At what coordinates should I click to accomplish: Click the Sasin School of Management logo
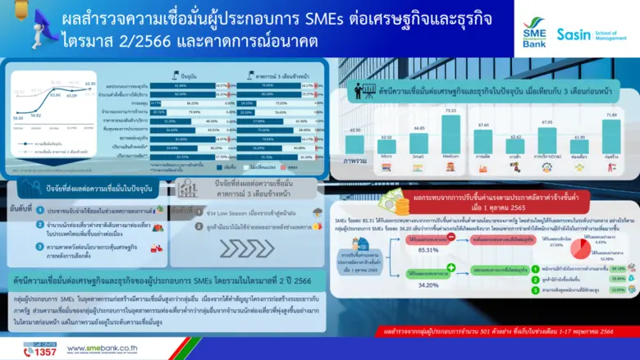(x=590, y=34)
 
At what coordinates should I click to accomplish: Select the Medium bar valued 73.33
(x=450, y=135)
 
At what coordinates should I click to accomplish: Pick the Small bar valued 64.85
(x=418, y=144)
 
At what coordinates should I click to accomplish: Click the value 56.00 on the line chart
(x=17, y=117)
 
